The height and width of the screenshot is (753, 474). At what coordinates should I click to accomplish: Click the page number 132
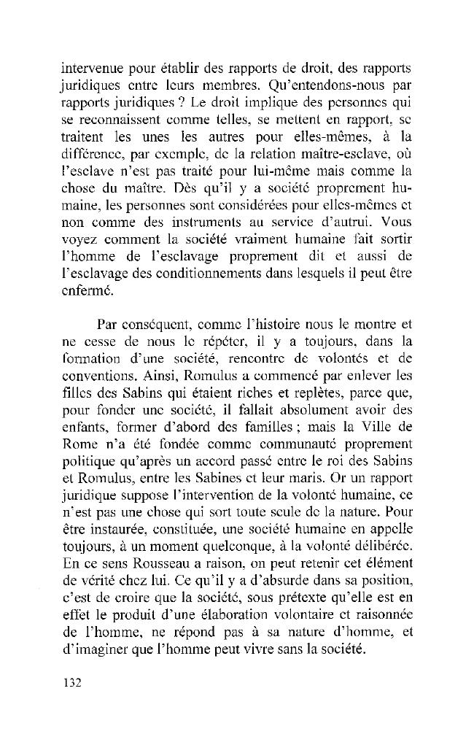70,683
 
